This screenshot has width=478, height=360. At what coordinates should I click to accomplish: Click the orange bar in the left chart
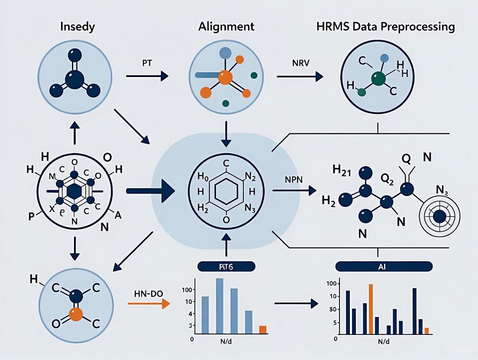(263, 330)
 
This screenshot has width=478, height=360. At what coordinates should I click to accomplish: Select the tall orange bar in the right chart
(371, 309)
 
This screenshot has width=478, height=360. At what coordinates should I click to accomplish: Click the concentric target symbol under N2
(440, 215)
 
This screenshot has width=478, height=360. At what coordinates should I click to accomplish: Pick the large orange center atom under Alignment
(225, 78)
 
